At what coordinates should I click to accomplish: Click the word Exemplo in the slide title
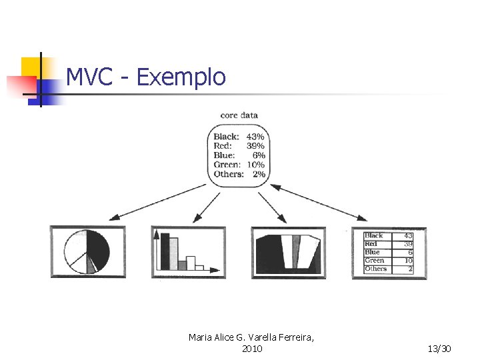(x=181, y=78)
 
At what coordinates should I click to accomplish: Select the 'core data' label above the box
(x=239, y=115)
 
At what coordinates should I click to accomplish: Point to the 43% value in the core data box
(x=255, y=137)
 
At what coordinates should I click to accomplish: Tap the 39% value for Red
(x=255, y=146)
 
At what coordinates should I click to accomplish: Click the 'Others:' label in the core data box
(x=228, y=174)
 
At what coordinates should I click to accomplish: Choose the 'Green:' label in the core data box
(x=227, y=165)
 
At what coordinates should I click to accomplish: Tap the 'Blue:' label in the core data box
(x=225, y=155)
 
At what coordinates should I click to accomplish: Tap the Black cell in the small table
(x=374, y=235)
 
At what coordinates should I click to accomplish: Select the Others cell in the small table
(x=376, y=269)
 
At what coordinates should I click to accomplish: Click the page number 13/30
(x=439, y=349)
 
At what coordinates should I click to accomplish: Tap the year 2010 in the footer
(x=252, y=349)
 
